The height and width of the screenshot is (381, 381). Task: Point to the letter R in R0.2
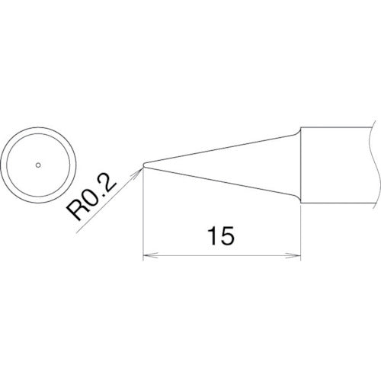80,209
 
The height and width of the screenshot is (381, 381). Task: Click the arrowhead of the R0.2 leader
139,170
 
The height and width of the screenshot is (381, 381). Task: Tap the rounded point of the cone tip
143,164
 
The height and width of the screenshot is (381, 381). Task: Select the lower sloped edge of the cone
221,181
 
